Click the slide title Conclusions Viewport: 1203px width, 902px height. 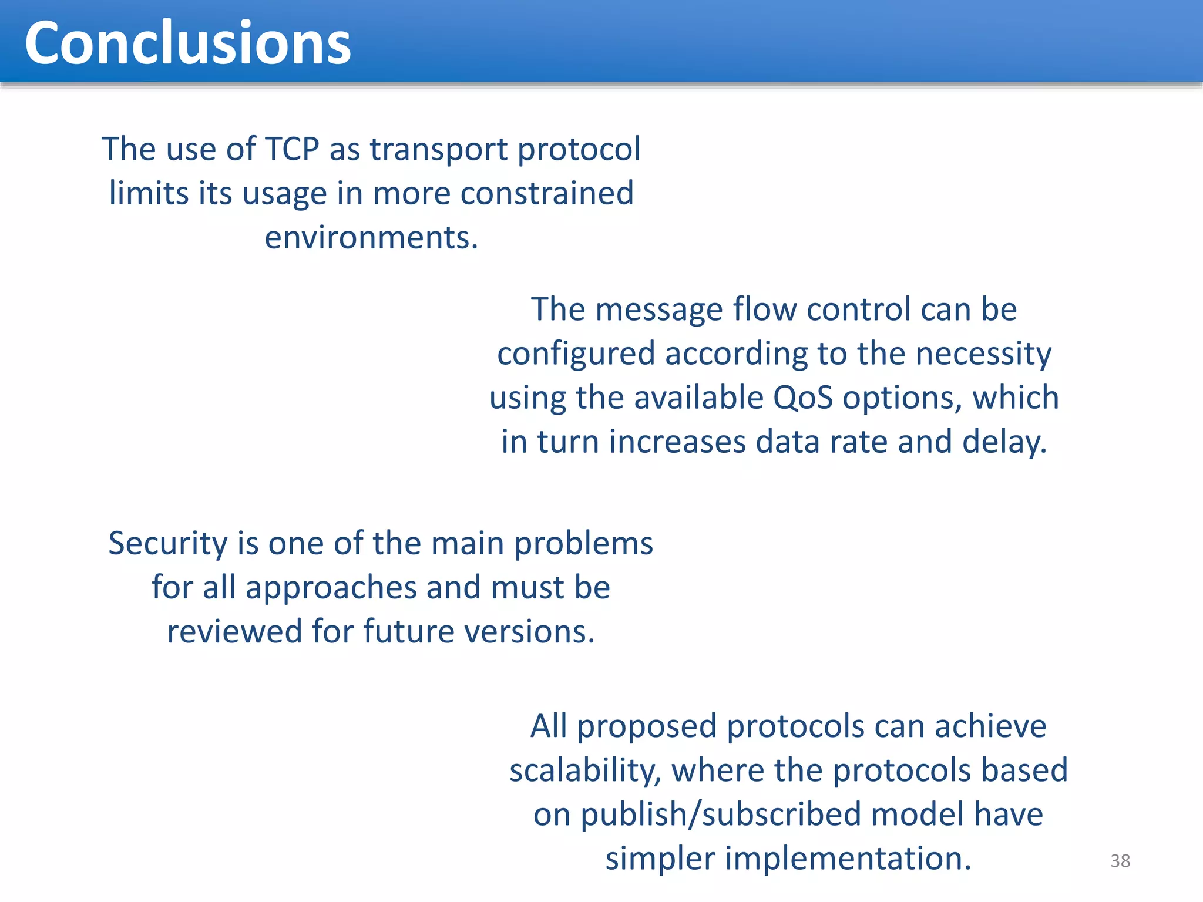[187, 43]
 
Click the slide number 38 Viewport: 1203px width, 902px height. [1120, 861]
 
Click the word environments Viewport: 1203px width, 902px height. [371, 238]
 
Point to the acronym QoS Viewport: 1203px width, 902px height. [802, 398]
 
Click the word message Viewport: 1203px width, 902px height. [658, 309]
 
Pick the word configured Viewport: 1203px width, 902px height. [576, 354]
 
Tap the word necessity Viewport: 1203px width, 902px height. [983, 354]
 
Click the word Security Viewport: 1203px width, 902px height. [167, 544]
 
